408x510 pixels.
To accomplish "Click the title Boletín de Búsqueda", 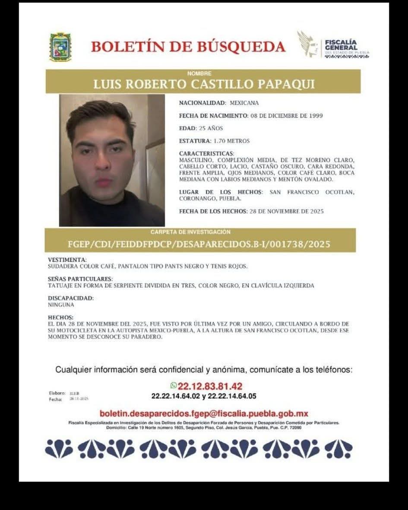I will point(188,46).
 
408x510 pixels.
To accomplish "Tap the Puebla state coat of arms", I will point(60,47).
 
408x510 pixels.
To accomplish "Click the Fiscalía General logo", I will point(333,45).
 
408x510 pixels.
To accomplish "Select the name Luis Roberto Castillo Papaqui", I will point(204,84).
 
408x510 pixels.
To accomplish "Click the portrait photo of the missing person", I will point(112,160).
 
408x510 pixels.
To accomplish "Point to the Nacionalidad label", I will point(202,103).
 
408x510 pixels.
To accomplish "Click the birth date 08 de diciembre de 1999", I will point(286,116).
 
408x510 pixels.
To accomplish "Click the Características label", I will point(206,153).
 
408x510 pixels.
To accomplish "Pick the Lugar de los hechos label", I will point(220,192).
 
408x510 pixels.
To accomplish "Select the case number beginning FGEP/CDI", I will point(199,244).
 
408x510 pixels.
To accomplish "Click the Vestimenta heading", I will point(67,260).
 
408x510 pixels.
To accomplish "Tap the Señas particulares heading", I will point(80,279).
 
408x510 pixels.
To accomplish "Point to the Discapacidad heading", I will point(70,298).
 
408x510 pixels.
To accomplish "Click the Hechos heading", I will point(60,317).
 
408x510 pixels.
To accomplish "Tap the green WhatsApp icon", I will point(174,385).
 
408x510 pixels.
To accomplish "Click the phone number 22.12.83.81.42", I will point(210,386).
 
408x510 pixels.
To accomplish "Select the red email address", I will point(204,413).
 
